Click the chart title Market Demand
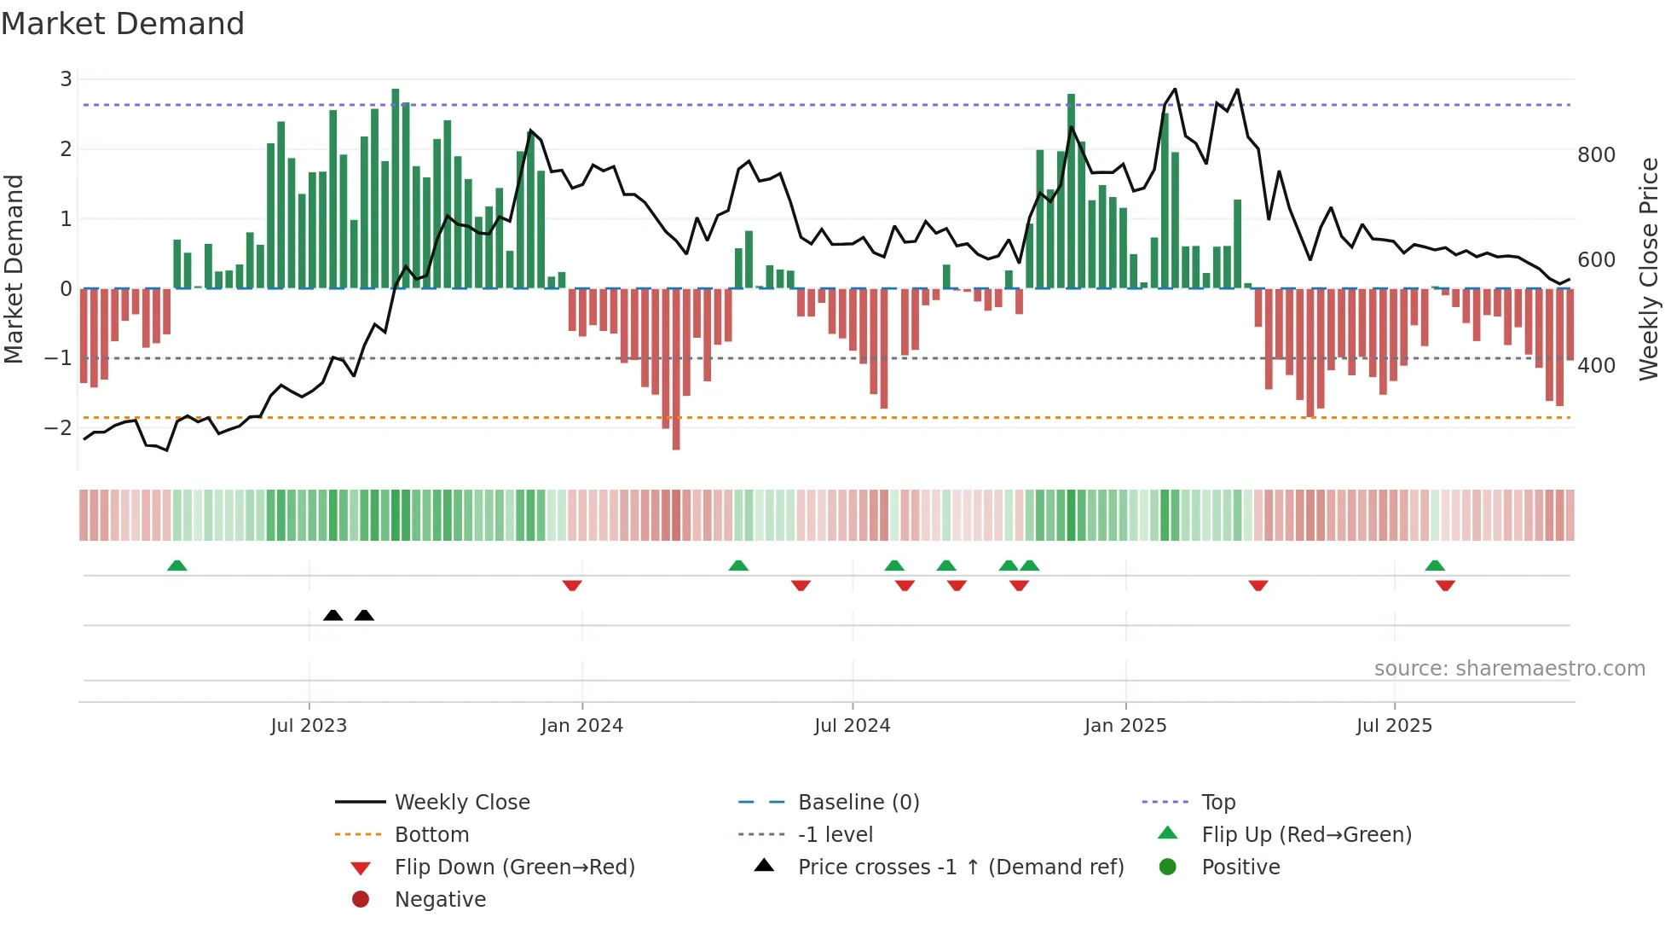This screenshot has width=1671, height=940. tap(123, 24)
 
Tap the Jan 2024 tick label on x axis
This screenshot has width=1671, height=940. tap(581, 726)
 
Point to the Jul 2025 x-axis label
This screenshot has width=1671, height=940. tap(1394, 726)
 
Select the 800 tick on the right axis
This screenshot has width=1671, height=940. tap(1596, 155)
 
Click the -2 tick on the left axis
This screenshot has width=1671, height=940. tap(59, 427)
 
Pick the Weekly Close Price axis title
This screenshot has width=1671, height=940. tap(1649, 269)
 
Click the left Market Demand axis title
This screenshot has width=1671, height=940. tap(14, 269)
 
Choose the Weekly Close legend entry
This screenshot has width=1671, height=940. tap(461, 803)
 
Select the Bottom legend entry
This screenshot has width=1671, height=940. tap(431, 835)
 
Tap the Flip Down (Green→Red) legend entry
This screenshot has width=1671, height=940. tap(514, 867)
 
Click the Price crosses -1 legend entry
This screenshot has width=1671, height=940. tap(960, 867)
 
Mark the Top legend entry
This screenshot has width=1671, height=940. tap(1217, 803)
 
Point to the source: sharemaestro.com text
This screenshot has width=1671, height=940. tap(1509, 669)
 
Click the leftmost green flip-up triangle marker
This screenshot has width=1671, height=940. tap(176, 566)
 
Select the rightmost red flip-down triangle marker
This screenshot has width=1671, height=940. tap(1445, 585)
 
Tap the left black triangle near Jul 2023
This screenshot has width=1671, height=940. tap(333, 615)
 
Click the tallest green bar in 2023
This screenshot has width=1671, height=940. tap(396, 188)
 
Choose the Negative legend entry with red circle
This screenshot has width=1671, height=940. tap(440, 900)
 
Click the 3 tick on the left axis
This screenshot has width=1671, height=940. tap(66, 79)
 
